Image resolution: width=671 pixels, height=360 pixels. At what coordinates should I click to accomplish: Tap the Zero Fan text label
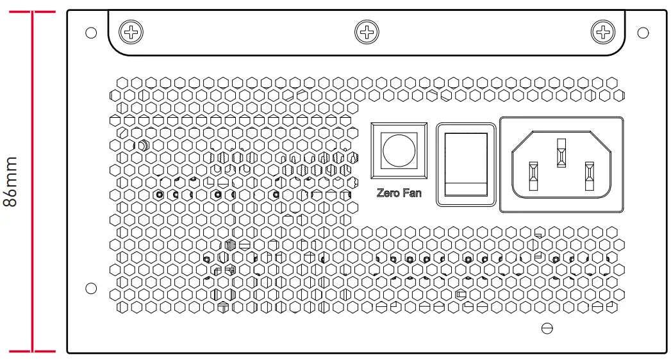(399, 193)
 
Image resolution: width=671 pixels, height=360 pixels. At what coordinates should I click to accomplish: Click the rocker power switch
(466, 165)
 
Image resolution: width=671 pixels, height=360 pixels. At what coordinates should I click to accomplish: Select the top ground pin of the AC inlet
(561, 154)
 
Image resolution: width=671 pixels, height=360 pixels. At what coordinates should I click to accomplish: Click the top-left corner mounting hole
(90, 33)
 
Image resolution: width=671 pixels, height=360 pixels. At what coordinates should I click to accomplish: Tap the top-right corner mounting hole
(643, 33)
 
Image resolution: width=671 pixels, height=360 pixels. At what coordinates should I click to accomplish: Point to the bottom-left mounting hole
(91, 288)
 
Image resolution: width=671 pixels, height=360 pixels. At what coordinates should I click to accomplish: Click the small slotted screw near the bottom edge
(547, 329)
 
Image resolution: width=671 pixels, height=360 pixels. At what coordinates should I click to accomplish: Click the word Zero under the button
(388, 193)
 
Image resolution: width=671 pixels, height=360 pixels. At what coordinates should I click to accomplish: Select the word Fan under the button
(411, 193)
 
